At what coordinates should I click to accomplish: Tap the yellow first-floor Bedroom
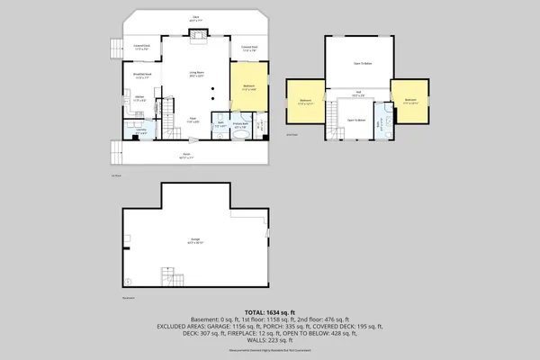pyautogui.click(x=249, y=88)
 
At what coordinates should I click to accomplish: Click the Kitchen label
pyautogui.click(x=139, y=98)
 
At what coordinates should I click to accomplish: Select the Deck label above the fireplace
pyautogui.click(x=196, y=16)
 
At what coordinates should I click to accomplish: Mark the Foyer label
pyautogui.click(x=193, y=119)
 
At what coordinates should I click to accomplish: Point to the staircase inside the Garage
pyautogui.click(x=168, y=276)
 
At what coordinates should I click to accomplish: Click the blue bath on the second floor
pyautogui.click(x=384, y=120)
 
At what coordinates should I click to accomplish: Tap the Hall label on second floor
pyautogui.click(x=357, y=93)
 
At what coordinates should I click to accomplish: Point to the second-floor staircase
pyautogui.click(x=334, y=115)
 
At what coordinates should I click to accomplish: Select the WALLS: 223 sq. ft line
pyautogui.click(x=270, y=341)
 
